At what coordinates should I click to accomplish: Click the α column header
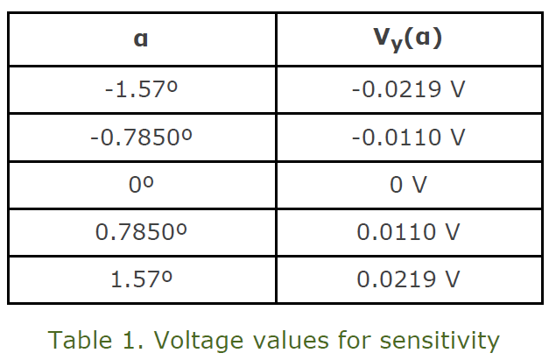point(141,40)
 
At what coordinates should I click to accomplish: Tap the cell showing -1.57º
point(141,90)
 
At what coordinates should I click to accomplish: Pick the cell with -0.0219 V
point(408,90)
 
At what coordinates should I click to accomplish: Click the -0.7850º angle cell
point(141,138)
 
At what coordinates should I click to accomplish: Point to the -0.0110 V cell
point(408,138)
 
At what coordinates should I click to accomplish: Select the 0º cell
point(141,185)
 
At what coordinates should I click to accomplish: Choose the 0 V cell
point(408,185)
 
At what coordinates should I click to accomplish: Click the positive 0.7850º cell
point(141,232)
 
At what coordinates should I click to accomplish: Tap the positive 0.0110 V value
point(408,232)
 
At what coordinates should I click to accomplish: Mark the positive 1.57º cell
point(141,279)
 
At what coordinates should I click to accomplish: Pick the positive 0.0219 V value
point(408,279)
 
